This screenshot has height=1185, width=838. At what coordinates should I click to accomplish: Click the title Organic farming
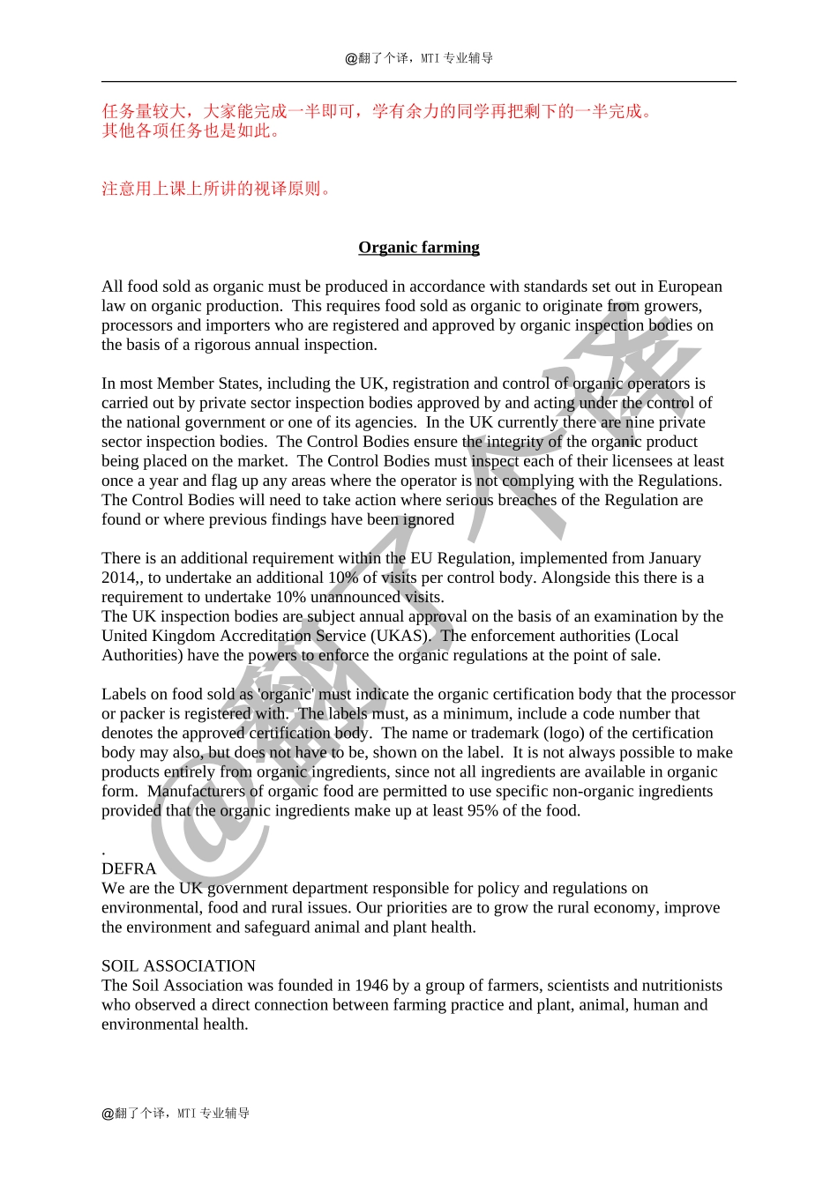pyautogui.click(x=419, y=247)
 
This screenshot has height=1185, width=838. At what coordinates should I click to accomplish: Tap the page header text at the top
pyautogui.click(x=419, y=58)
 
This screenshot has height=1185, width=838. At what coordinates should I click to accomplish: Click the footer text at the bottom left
pyautogui.click(x=176, y=1113)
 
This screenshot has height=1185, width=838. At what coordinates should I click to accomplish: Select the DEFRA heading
pyautogui.click(x=129, y=868)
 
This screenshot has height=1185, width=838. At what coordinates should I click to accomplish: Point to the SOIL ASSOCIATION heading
pyautogui.click(x=178, y=965)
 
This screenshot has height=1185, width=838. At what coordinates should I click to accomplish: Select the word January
pyautogui.click(x=670, y=558)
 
